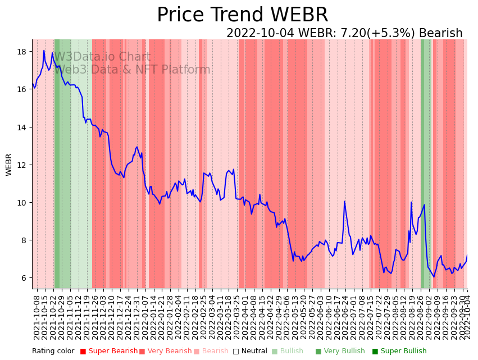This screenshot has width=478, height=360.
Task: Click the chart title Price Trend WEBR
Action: coord(242,15)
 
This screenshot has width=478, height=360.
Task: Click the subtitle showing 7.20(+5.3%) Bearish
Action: coord(344,33)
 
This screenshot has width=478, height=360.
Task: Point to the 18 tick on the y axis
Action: coord(22,52)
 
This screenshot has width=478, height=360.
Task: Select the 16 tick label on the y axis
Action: coord(22,89)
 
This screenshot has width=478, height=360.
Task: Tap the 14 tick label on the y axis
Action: coord(22,127)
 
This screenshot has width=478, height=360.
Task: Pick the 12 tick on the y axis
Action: coord(22,165)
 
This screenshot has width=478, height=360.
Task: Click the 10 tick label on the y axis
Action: coord(22,202)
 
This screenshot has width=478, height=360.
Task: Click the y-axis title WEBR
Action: coord(9,165)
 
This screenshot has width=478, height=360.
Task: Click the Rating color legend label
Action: coord(53,352)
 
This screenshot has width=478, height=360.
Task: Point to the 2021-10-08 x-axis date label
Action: coord(37,317)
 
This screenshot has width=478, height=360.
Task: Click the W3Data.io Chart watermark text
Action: coord(102,57)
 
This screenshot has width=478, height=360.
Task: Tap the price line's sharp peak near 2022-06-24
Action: coord(344,202)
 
